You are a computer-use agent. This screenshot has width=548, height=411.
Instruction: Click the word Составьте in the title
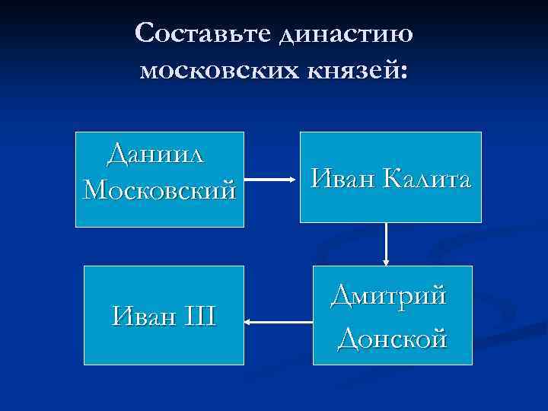click(x=202, y=33)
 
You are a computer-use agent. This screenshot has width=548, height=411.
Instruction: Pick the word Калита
click(x=429, y=179)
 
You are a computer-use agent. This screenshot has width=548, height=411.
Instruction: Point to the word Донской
click(x=392, y=336)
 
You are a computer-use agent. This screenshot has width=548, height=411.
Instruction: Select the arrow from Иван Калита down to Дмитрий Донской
click(x=387, y=244)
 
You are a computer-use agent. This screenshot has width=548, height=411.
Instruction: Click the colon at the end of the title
click(x=403, y=72)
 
